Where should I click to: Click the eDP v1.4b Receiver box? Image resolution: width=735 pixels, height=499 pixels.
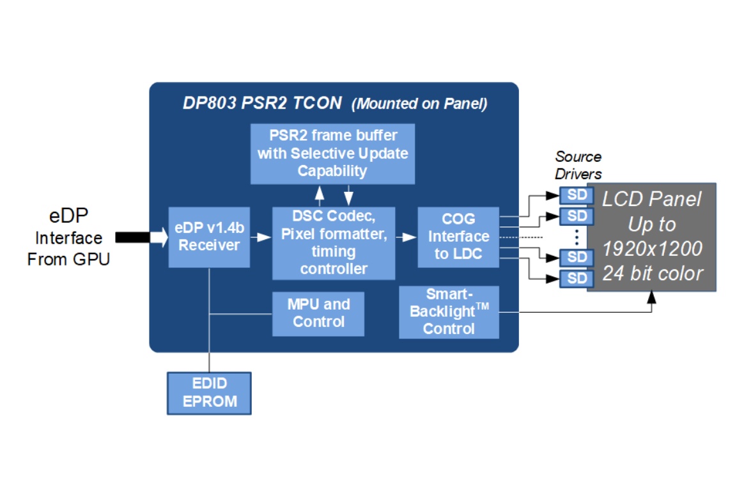coord(209,237)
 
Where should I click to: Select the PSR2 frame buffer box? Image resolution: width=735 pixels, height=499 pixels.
coord(333,154)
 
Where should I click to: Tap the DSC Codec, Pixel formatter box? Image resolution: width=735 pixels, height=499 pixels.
coord(334,243)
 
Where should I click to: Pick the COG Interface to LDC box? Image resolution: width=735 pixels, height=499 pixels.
coord(458,237)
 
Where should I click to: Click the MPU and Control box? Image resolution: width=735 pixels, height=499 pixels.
coord(318,313)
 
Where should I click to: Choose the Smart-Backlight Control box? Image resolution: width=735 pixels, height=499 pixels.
coord(449,312)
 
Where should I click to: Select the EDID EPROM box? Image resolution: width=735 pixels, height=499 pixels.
coord(209,393)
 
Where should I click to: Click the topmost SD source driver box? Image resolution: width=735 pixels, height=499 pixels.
coord(576,195)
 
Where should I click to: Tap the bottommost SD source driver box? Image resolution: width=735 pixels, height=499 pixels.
coord(576,278)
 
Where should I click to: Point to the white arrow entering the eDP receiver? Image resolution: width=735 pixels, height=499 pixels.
coord(159,237)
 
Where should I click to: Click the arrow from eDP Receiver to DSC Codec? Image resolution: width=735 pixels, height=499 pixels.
coord(261,237)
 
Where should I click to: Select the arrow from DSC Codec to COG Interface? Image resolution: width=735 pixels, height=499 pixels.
coord(406,237)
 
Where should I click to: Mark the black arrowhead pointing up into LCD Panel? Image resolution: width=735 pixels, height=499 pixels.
coord(651,297)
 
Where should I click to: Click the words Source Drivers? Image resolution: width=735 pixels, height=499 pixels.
coord(578,165)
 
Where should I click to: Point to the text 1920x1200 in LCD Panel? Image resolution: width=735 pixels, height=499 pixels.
coord(652,249)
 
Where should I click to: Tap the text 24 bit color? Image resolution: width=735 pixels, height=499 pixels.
coord(653,273)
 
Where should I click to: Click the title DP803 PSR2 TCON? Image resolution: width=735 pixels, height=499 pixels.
coord(262,103)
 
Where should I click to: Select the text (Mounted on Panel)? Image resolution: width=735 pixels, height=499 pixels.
coord(419,104)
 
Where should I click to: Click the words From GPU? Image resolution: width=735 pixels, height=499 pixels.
coord(68,259)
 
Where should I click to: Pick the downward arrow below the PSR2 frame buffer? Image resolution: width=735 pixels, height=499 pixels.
coord(348,195)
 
